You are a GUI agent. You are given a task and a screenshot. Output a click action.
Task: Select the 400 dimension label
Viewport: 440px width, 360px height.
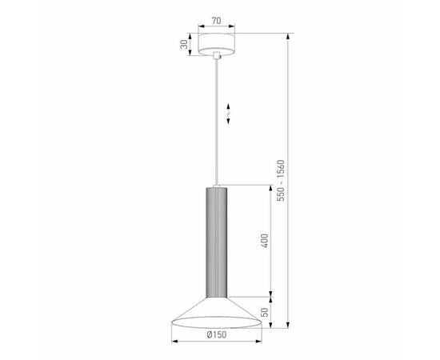264,239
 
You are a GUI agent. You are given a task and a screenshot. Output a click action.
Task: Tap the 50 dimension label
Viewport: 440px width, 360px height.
265,309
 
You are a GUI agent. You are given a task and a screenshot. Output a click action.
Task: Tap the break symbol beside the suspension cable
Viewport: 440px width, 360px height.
230,112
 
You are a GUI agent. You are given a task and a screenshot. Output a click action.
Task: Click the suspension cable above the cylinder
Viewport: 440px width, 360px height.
219,120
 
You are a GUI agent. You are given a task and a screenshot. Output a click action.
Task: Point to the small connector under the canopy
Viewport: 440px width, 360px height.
219,57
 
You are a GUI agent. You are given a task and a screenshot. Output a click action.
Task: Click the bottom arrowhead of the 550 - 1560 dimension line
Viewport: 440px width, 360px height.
290,324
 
